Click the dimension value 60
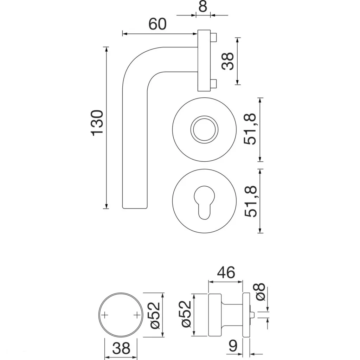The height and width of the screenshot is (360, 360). [157, 24]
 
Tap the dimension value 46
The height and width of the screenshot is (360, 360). [226, 272]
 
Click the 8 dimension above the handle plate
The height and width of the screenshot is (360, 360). [202, 7]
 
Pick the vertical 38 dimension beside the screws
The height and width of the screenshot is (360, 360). [229, 61]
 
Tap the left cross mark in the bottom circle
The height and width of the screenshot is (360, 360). [104, 315]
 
